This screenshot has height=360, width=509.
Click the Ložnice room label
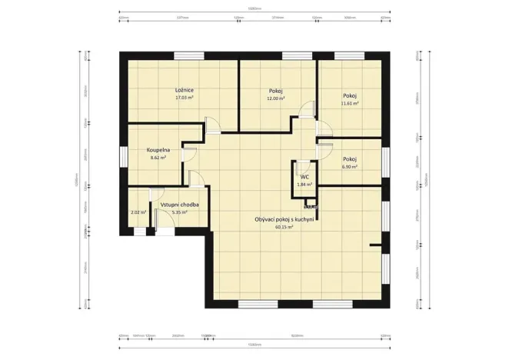[x=184, y=91]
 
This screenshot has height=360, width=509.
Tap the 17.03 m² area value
[x=184, y=98]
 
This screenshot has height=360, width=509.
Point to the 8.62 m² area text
[x=158, y=157]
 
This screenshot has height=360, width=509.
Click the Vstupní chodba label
[x=180, y=205]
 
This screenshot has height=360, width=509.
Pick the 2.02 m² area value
[x=138, y=212]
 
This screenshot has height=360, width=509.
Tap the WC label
[x=304, y=177]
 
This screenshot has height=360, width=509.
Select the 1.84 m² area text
[x=304, y=185]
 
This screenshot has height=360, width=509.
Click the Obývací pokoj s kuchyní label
[x=285, y=219]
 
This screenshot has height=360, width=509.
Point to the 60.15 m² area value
[x=285, y=228]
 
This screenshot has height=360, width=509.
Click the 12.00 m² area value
[x=275, y=99]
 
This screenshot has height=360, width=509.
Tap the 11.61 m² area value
[x=350, y=103]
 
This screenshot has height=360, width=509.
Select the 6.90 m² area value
[x=350, y=166]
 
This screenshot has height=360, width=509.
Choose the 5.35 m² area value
[x=180, y=212]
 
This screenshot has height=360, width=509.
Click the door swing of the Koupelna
[x=188, y=154]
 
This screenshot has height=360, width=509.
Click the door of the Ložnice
[x=212, y=125]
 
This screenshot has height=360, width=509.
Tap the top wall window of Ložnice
[x=188, y=55]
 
